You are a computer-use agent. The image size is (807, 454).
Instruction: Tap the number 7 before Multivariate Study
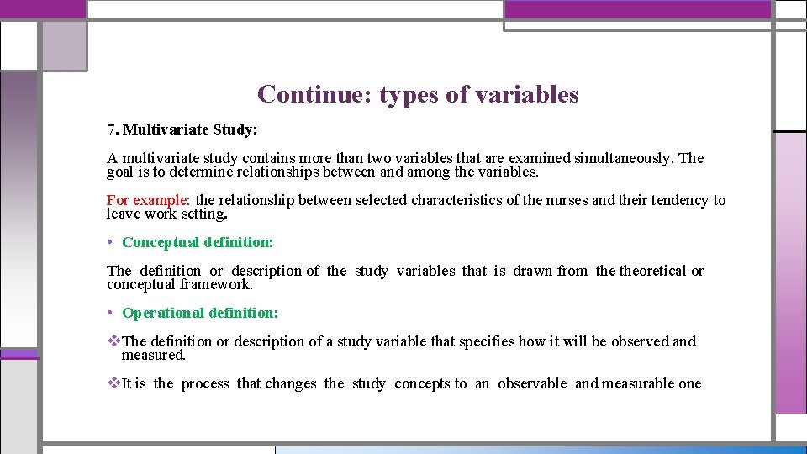click(110, 130)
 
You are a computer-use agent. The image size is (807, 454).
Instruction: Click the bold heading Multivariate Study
click(190, 130)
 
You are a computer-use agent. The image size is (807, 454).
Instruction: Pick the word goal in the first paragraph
click(121, 172)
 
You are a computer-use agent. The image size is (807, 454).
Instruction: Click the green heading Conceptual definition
click(198, 242)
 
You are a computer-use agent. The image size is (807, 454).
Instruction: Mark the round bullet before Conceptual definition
click(111, 242)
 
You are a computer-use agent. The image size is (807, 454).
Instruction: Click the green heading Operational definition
click(200, 313)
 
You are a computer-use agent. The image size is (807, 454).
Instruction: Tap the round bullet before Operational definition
click(111, 313)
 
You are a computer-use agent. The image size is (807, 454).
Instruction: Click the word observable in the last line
click(532, 383)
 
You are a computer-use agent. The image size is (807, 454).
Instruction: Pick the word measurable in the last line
click(639, 383)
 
